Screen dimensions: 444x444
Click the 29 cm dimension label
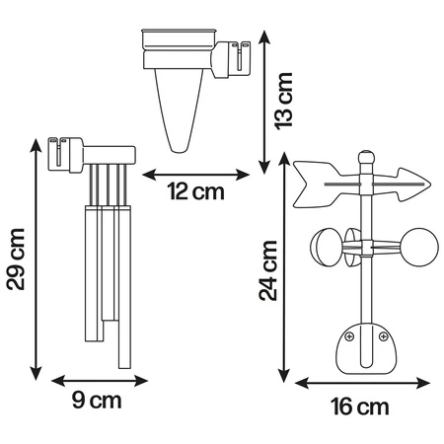(16, 259)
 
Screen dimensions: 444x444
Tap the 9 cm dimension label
(97, 401)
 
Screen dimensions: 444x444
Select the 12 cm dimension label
(196, 191)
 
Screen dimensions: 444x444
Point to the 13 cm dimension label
(284, 101)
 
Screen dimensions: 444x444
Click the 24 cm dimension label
(268, 270)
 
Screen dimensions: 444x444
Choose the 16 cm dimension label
(360, 407)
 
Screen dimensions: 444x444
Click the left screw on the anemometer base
(349, 336)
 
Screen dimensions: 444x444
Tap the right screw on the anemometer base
(383, 336)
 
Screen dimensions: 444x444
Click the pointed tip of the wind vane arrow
(429, 185)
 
